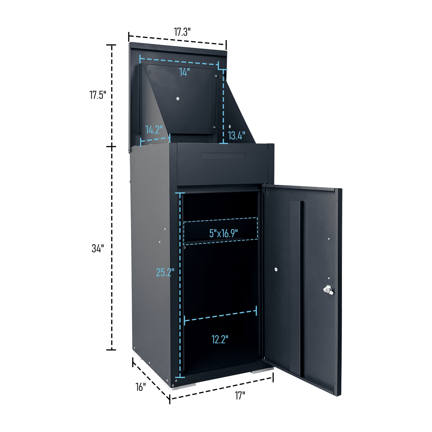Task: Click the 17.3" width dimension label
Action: [x=182, y=32]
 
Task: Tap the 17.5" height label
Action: [x=97, y=95]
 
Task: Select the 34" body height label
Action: [x=98, y=248]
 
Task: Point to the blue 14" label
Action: [x=184, y=72]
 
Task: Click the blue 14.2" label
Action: [x=154, y=129]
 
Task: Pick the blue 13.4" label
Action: [x=236, y=135]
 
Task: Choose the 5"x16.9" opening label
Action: [x=223, y=233]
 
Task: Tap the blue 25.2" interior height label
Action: [x=165, y=272]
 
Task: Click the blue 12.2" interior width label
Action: [x=220, y=339]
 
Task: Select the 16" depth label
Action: [x=141, y=387]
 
